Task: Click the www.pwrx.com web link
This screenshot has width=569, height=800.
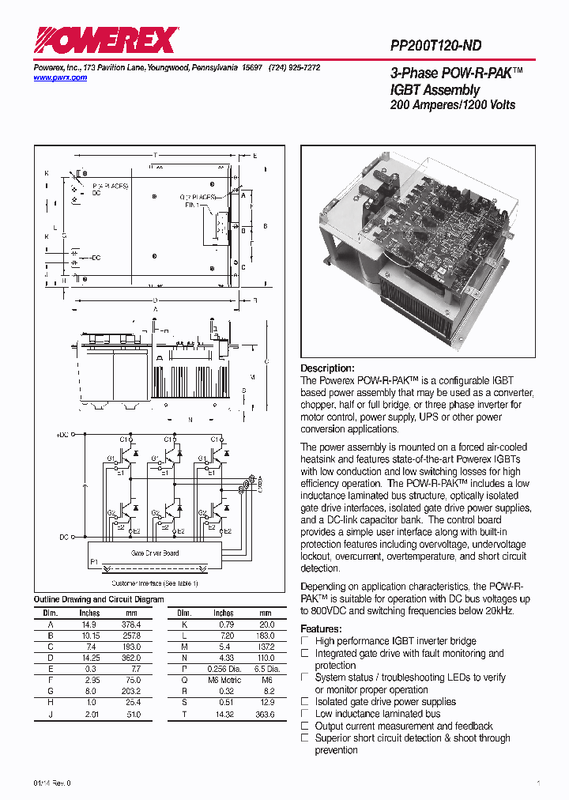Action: pos(60,77)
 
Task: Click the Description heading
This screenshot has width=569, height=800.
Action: pos(327,368)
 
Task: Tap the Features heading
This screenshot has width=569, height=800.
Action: pos(321,628)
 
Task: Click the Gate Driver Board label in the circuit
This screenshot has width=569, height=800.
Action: pos(155,553)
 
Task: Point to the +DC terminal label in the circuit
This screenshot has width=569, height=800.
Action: pos(63,436)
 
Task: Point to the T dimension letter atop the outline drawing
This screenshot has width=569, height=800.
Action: pos(155,155)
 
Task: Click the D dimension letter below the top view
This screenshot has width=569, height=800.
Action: pos(155,300)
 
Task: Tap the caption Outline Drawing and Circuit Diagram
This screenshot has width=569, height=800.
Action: pos(99,599)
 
